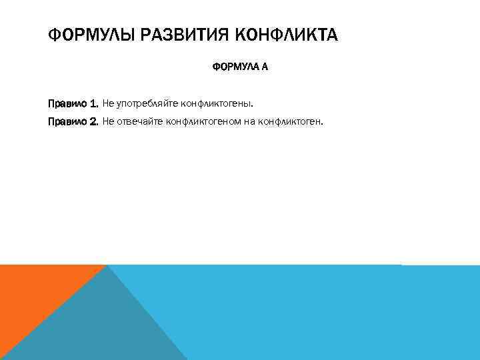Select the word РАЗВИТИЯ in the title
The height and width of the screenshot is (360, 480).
point(175,34)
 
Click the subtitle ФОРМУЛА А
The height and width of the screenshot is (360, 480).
point(240,67)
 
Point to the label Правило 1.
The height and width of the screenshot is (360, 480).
point(73,104)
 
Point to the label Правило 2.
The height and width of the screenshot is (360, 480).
point(73,122)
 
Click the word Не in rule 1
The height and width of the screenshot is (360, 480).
point(108,104)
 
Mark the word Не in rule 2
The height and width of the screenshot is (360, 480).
point(108,122)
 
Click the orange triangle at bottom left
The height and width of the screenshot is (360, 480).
point(33,293)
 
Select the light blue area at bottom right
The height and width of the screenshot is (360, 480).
point(333,313)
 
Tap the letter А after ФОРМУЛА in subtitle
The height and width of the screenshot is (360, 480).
point(264,67)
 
